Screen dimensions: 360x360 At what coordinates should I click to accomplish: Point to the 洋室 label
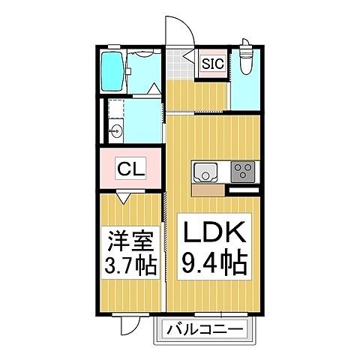point(127,243)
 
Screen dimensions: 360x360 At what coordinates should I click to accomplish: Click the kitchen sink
point(204,172)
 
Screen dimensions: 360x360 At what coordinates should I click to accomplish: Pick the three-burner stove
point(241,172)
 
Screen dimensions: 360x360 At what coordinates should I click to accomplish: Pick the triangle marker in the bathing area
point(154,89)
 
